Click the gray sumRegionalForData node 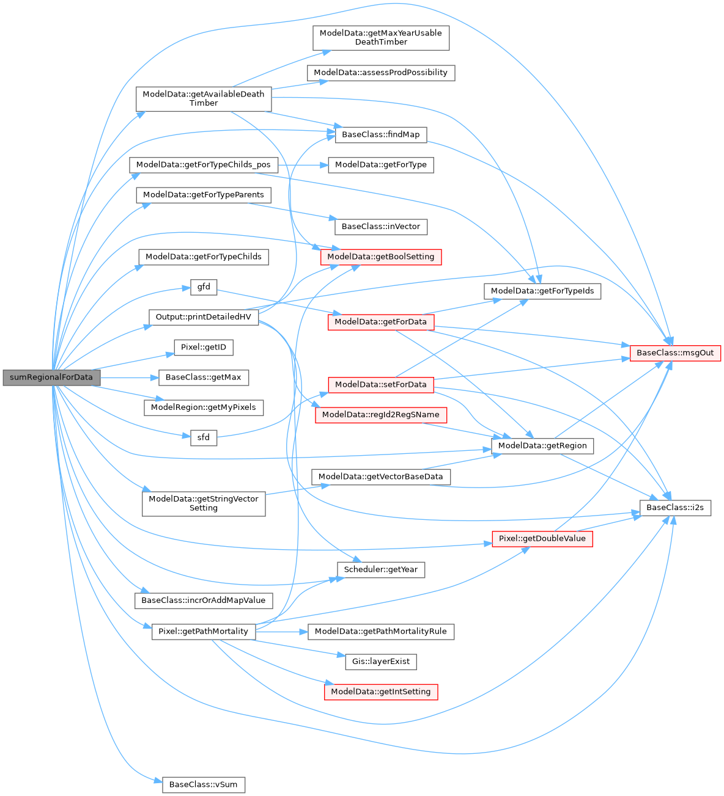tap(51, 378)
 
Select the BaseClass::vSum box tap(203, 784)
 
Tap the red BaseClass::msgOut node tap(675, 353)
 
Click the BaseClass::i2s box tap(675, 508)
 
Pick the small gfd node tap(204, 287)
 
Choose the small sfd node tap(204, 437)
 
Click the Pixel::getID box tap(204, 348)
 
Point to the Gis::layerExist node tap(381, 662)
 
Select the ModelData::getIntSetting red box tap(381, 692)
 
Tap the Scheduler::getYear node tap(381, 570)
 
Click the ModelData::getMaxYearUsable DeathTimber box tap(381, 38)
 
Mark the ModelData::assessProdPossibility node tap(380, 73)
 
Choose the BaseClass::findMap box tap(380, 134)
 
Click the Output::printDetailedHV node tap(204, 317)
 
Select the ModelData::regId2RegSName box tap(380, 415)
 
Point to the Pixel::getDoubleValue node tap(542, 539)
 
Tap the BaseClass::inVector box tap(380, 227)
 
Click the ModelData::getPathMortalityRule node tap(380, 631)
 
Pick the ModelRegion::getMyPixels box tap(204, 407)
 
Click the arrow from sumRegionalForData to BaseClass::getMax tap(129, 378)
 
